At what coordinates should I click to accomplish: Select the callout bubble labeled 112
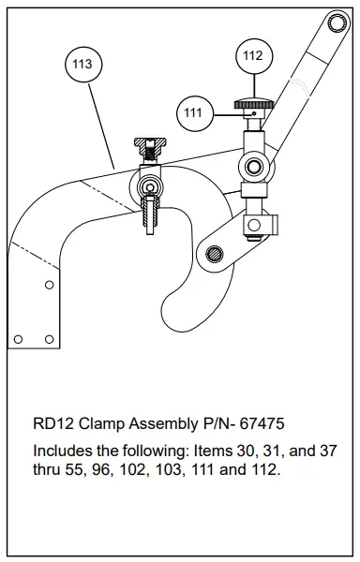(252, 55)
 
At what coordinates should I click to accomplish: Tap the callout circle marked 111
(193, 113)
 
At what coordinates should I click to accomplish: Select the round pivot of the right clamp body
(253, 167)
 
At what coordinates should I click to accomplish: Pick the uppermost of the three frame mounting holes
(49, 284)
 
